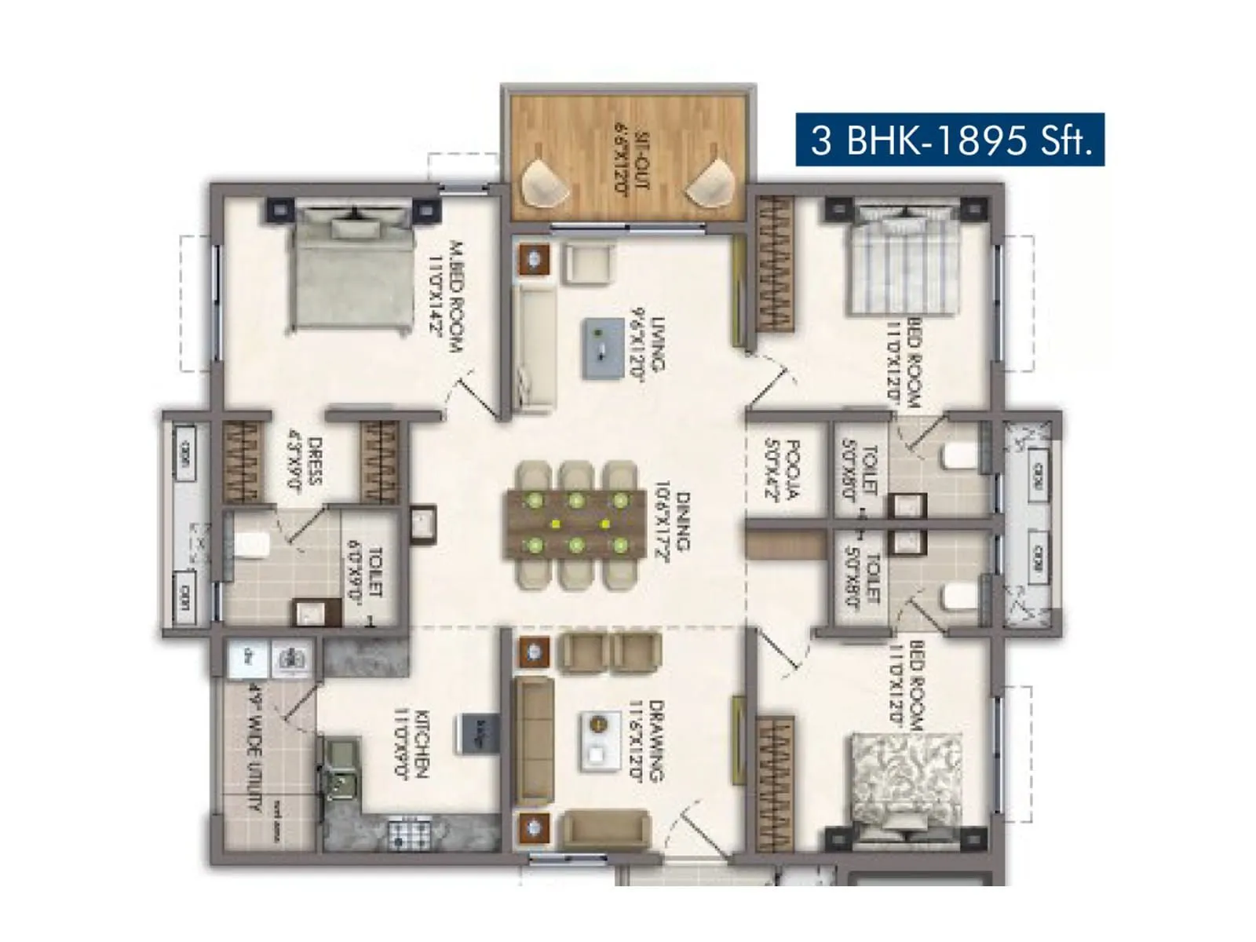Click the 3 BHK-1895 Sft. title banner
(950, 140)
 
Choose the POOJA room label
(782, 469)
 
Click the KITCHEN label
(411, 743)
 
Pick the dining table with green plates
(576, 524)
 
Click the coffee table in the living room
(602, 349)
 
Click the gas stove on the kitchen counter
(408, 832)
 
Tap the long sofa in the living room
(534, 348)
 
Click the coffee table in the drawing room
(598, 740)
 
